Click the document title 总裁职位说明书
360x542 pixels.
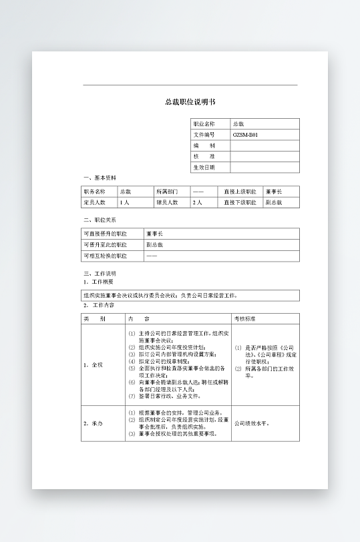190,102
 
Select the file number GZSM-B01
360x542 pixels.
245,135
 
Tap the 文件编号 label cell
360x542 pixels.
204,135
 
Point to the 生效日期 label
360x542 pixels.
204,167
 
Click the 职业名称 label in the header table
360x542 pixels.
204,124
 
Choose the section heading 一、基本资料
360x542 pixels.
100,178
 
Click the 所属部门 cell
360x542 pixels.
167,191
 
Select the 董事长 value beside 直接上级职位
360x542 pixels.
274,191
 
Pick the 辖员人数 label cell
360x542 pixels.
167,202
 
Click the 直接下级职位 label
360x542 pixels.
240,202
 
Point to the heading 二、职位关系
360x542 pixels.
100,220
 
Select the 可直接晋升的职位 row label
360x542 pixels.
105,234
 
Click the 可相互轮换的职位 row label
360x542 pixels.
105,255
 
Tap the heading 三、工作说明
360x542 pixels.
100,274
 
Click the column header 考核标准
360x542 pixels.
244,318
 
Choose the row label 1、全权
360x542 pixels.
94,364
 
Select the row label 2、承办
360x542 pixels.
94,423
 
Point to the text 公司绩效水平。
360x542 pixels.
252,423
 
